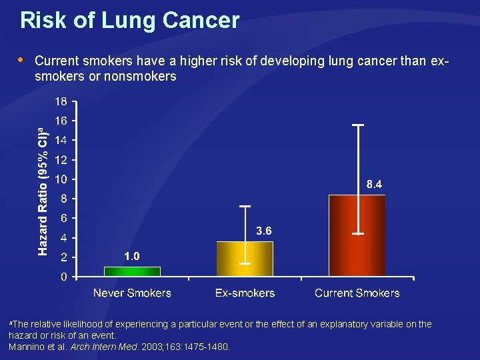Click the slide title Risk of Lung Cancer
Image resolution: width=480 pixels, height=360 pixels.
[x=129, y=21]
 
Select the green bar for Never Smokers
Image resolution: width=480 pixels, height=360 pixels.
[x=132, y=271]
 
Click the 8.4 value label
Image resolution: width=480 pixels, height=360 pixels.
[x=374, y=185]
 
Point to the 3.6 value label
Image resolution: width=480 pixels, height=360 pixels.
[x=264, y=231]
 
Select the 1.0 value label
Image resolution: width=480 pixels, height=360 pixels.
[x=132, y=256]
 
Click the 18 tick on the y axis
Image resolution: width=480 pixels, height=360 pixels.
[x=60, y=102]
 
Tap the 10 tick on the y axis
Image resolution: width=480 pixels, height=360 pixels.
[x=60, y=179]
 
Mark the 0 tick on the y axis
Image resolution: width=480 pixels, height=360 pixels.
[x=63, y=277]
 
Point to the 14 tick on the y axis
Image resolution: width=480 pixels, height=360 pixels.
[x=60, y=141]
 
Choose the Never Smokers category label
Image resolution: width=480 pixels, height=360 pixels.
[x=132, y=293]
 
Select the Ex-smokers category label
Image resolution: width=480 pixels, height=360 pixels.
[x=245, y=293]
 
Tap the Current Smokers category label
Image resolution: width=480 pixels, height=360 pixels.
[x=357, y=293]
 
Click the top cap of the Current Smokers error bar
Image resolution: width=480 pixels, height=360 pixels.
[x=357, y=125]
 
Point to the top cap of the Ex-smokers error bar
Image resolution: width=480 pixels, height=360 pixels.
[x=245, y=206]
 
